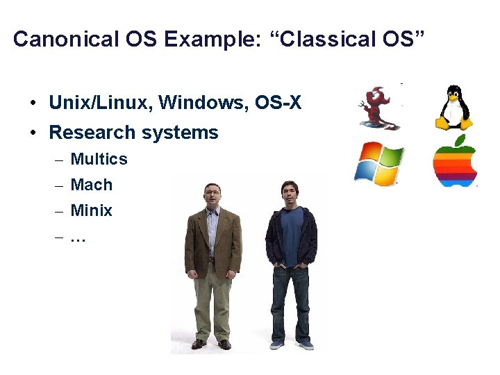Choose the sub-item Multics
[99, 159]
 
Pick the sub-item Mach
[92, 185]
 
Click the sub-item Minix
[92, 210]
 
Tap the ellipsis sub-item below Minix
[78, 237]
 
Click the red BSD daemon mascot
[379, 108]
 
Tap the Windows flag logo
[378, 164]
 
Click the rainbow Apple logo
[455, 163]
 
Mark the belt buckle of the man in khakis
[212, 259]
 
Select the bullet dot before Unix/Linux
[33, 104]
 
